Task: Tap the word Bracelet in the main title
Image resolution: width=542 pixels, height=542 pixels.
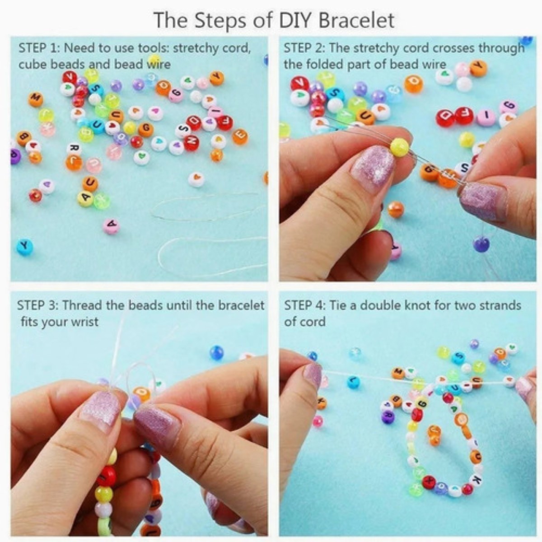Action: [x=356, y=20]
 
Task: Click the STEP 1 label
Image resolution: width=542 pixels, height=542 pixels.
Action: [x=38, y=48]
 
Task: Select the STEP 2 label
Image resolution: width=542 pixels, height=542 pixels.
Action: [x=304, y=48]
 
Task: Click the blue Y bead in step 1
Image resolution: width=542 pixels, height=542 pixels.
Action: [x=25, y=247]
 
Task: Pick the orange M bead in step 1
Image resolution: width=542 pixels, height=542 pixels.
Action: [x=36, y=99]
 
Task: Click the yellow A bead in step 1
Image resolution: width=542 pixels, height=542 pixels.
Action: [x=85, y=198]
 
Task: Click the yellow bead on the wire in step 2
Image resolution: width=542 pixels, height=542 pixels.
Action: [x=399, y=147]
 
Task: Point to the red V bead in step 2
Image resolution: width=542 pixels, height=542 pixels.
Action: [x=299, y=83]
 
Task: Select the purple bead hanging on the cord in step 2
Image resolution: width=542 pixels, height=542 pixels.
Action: [x=481, y=244]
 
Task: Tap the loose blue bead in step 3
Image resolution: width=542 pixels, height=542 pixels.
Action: [x=216, y=352]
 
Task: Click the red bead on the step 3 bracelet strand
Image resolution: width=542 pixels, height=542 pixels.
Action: [x=107, y=476]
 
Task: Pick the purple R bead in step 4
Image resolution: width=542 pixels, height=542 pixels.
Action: [x=388, y=416]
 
